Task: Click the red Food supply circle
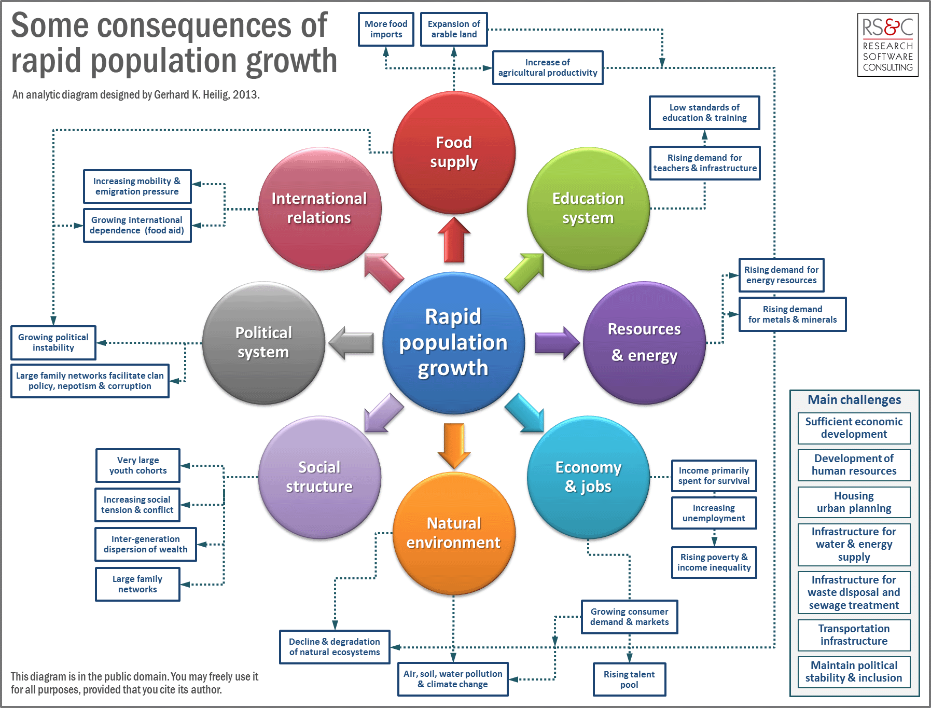pos(454,152)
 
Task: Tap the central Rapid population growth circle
pos(453,342)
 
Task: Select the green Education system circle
pos(588,209)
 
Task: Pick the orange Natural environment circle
pos(454,533)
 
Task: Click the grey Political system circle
pos(263,342)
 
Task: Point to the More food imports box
pos(386,29)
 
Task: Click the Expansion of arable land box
pos(454,29)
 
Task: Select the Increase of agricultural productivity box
pos(548,67)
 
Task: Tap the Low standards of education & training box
pos(704,113)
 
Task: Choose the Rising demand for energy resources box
pos(781,275)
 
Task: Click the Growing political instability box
pos(53,342)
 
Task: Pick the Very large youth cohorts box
pos(138,465)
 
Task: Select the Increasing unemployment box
pos(714,513)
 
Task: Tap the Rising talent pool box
pos(629,679)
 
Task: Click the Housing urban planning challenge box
pos(854,502)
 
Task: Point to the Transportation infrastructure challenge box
pos(854,635)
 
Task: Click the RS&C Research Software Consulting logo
pos(887,45)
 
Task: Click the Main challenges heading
pos(854,400)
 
